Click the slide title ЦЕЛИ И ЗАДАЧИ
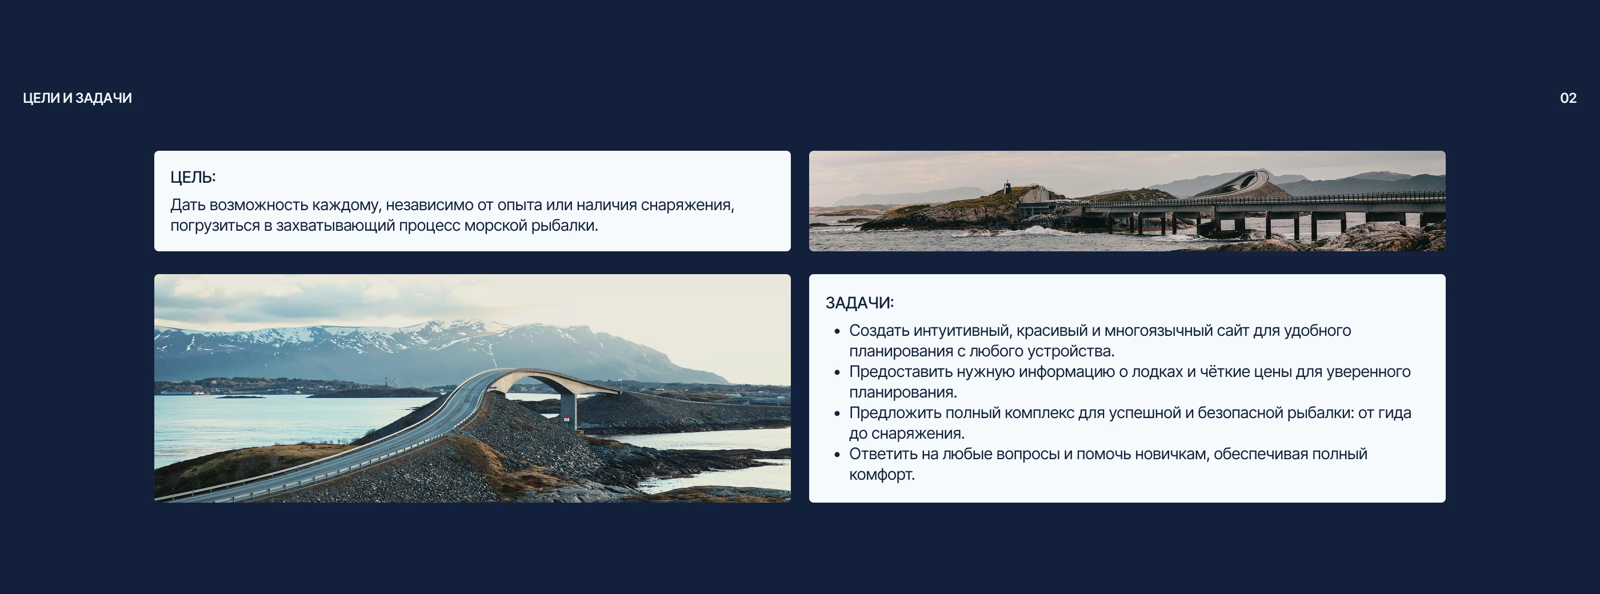(x=77, y=98)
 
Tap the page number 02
(x=1567, y=98)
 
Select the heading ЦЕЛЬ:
(x=193, y=178)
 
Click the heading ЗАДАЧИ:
(x=859, y=303)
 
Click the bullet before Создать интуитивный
(x=837, y=331)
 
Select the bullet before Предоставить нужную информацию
(x=837, y=372)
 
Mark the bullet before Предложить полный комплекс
(x=837, y=414)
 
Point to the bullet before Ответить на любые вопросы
(x=837, y=454)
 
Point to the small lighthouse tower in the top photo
(x=1007, y=187)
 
